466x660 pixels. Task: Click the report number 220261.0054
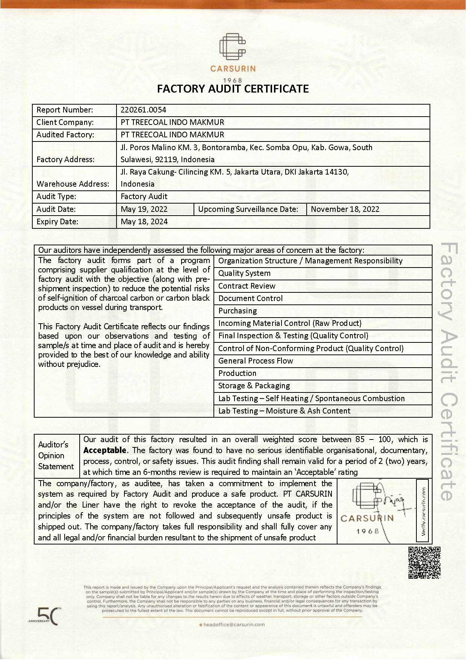click(143, 110)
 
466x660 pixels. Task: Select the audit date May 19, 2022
click(144, 209)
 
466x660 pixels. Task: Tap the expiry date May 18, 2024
click(144, 222)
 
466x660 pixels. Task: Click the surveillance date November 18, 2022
click(345, 209)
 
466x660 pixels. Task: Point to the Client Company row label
click(65, 122)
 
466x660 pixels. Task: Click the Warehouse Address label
click(73, 184)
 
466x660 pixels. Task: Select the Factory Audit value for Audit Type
click(144, 196)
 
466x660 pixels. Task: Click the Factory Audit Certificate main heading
click(233, 89)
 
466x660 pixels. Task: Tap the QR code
click(424, 563)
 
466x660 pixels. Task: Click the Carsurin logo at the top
click(233, 53)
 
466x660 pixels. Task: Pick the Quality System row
click(244, 274)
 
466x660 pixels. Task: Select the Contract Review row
click(247, 286)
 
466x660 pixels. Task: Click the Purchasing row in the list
click(238, 311)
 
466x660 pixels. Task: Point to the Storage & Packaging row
click(254, 386)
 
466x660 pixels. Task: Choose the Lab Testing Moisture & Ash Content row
click(284, 411)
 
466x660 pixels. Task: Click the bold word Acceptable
click(104, 450)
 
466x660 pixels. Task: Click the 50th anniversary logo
click(45, 616)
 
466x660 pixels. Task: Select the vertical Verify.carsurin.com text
click(424, 511)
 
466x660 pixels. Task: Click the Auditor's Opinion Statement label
click(56, 456)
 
